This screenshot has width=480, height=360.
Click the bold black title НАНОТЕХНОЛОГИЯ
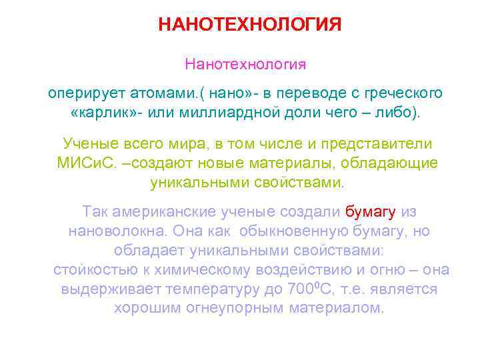[x=250, y=25]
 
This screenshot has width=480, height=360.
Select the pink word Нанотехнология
[x=245, y=65]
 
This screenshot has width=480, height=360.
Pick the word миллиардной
[x=215, y=110]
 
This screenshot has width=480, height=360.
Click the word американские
[x=159, y=212]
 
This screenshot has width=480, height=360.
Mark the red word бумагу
[x=371, y=212]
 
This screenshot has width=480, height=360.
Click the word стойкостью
[x=90, y=270]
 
